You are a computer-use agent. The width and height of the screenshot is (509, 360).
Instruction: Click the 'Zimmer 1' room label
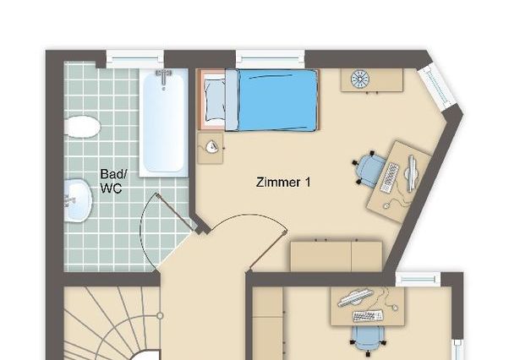tap(282, 181)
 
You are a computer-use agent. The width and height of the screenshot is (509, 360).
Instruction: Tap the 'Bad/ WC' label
tap(111, 181)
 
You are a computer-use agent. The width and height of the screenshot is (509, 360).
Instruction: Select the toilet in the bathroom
tap(82, 128)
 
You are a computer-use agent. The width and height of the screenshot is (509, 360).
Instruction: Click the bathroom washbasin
tap(77, 200)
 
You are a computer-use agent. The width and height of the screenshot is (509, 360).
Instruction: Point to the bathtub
tap(164, 124)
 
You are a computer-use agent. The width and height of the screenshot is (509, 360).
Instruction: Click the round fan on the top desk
tap(359, 79)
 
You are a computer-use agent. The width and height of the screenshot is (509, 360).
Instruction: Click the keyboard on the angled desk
tap(391, 176)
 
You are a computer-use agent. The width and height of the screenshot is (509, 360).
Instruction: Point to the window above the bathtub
tap(134, 59)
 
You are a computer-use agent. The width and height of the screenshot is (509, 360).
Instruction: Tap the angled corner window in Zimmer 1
tap(440, 86)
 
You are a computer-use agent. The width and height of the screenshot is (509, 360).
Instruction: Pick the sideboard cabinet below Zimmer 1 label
tap(336, 255)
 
